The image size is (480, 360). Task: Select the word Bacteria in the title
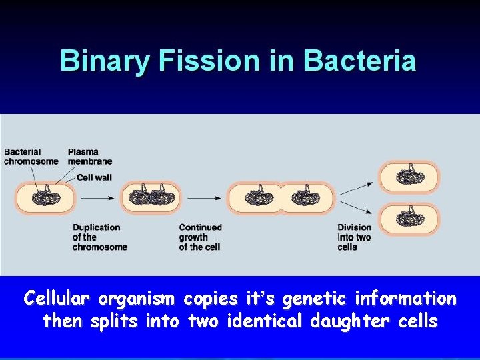[359, 61]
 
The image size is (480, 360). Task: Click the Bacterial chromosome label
[31, 157]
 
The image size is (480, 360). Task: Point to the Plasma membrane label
[90, 157]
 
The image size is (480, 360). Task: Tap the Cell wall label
[93, 177]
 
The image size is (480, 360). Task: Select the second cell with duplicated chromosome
[151, 197]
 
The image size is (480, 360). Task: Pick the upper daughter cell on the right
[409, 177]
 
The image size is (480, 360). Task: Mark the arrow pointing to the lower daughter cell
[357, 207]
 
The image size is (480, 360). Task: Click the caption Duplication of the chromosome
[99, 237]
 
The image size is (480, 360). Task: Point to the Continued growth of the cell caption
[200, 237]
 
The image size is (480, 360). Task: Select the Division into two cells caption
[354, 237]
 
